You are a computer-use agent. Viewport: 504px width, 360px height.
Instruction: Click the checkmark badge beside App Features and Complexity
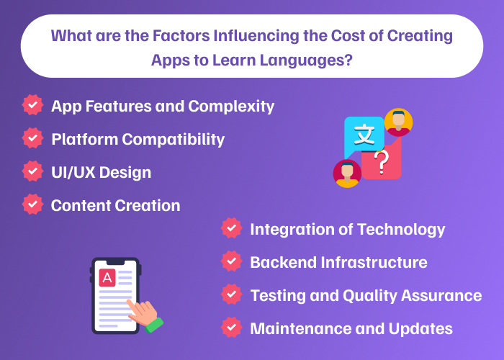32,105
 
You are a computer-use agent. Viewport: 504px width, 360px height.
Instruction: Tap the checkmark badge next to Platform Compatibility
32,138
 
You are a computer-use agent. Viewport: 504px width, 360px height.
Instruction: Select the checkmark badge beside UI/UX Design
32,171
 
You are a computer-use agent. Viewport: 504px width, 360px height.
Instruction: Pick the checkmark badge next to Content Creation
32,204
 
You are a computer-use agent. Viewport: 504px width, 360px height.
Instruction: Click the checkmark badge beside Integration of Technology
231,229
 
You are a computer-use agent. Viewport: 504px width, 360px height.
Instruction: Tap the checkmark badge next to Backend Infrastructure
231,262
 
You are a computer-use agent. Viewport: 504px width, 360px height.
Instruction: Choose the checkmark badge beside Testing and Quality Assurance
231,295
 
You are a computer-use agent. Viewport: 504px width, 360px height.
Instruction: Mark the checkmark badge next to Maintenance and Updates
231,328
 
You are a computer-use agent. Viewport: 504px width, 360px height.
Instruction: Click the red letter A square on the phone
107,278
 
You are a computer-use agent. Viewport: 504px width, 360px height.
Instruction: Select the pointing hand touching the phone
145,313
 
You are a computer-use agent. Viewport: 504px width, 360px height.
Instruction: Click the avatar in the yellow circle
398,122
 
